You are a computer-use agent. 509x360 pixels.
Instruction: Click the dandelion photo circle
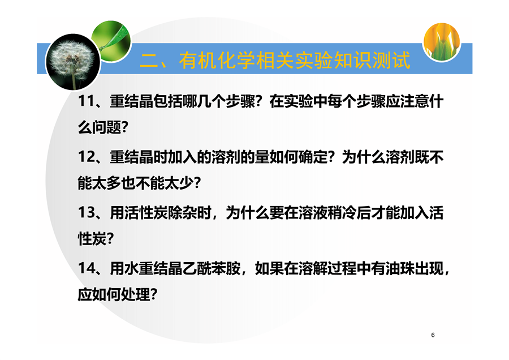click(x=73, y=62)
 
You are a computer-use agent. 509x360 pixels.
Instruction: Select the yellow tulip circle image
click(x=442, y=41)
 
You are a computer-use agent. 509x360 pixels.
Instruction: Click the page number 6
click(x=433, y=335)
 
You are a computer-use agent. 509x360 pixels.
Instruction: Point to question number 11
click(x=86, y=101)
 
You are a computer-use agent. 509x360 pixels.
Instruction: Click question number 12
click(x=86, y=157)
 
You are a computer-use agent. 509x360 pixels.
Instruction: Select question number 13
click(x=86, y=213)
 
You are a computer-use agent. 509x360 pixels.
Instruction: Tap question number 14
click(x=86, y=269)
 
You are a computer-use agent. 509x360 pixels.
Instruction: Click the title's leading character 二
click(x=149, y=61)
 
